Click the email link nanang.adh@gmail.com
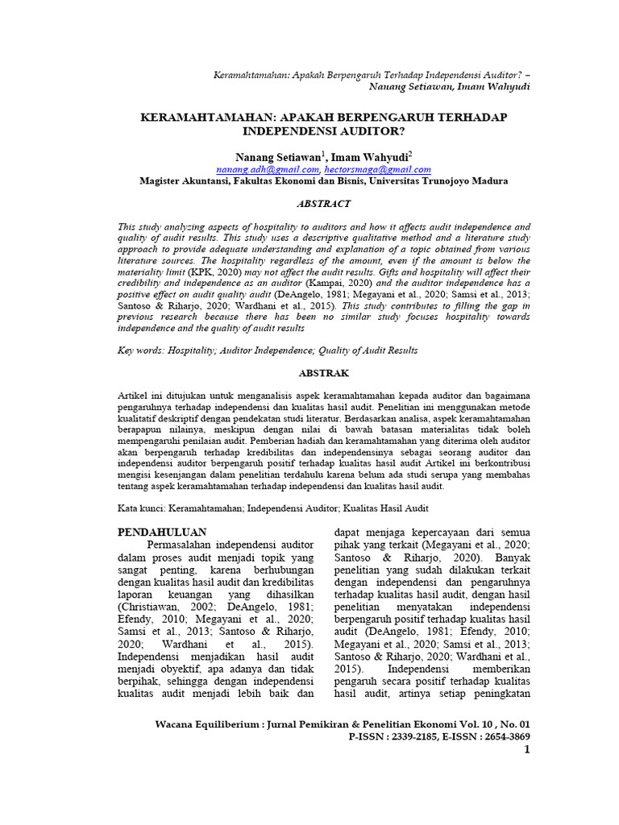[268, 170]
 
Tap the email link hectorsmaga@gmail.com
[377, 170]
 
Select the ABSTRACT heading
[323, 204]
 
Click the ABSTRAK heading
[323, 374]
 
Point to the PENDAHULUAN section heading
[162, 533]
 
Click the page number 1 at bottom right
[526, 751]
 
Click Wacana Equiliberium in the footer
[204, 723]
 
